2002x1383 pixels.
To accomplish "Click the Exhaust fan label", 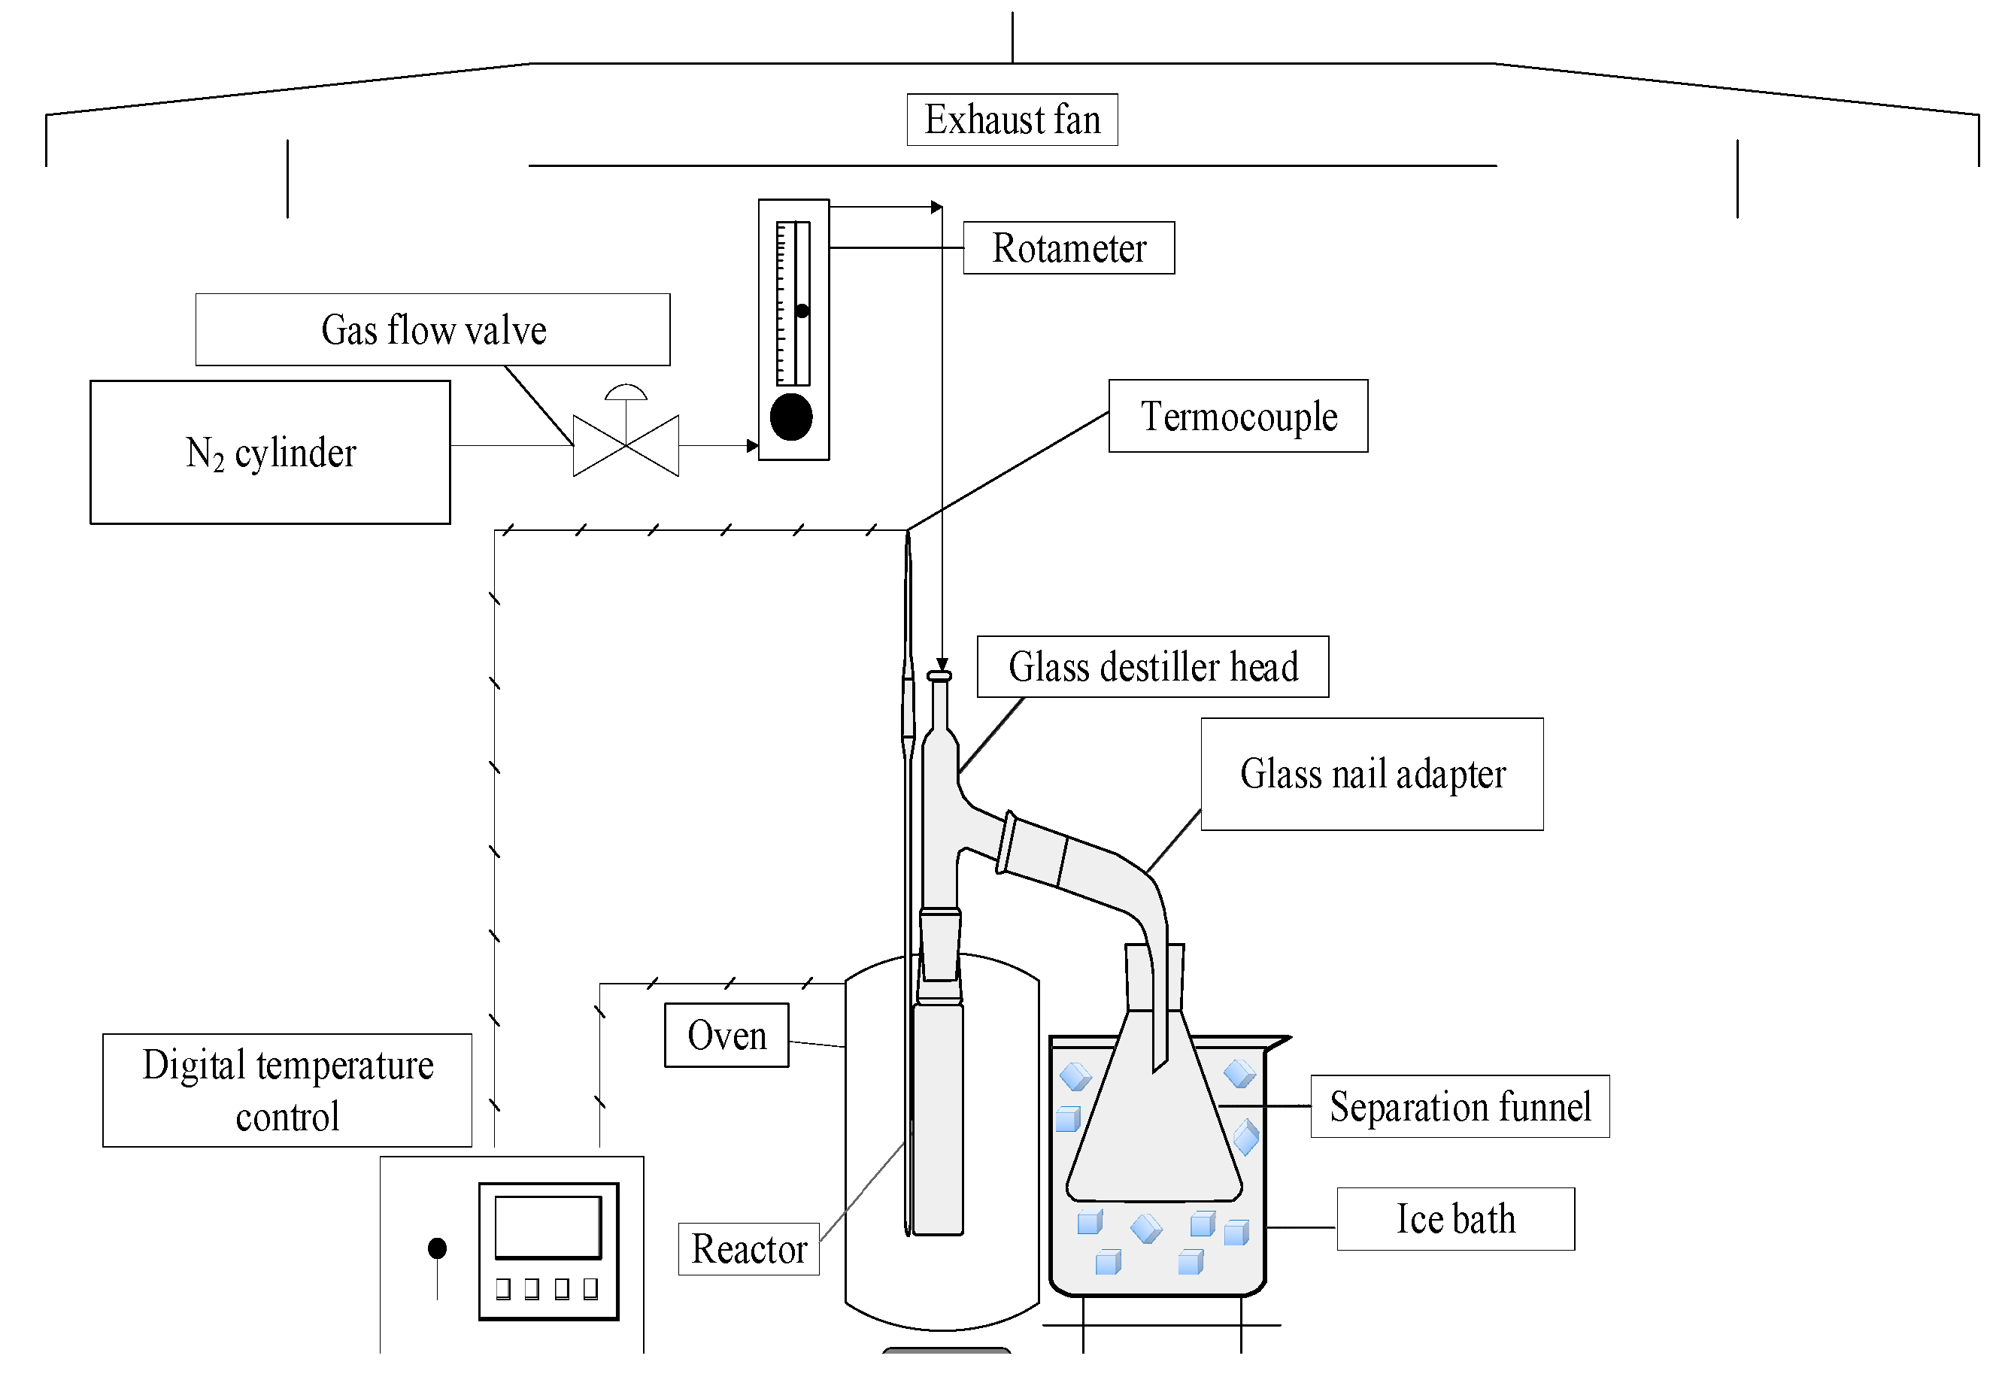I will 1012,120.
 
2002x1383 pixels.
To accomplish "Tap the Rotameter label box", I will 1068,248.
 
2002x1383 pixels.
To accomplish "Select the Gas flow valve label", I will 432,329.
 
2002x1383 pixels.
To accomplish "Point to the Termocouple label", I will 1238,416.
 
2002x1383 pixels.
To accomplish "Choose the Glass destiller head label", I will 1152,666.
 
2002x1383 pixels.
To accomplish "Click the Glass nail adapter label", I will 1371,774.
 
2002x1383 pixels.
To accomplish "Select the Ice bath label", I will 1455,1218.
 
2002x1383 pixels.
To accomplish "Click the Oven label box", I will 726,1035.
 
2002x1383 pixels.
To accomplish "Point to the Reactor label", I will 748,1248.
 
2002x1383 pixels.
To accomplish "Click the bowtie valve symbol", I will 626,445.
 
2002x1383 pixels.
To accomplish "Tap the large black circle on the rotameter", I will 791,417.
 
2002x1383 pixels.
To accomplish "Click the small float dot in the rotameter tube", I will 802,311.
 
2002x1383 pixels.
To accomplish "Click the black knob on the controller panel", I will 437,1248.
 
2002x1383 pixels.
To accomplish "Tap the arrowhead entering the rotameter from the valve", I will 752,446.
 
